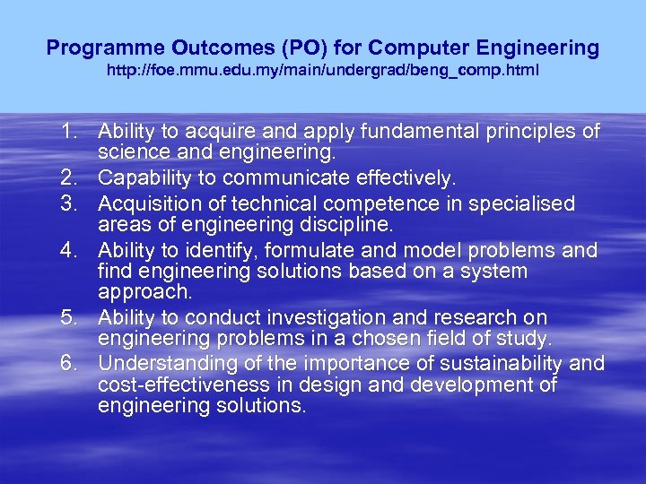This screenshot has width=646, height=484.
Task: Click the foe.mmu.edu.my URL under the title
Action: tap(323, 69)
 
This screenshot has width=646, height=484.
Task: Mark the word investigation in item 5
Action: tap(306, 318)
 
